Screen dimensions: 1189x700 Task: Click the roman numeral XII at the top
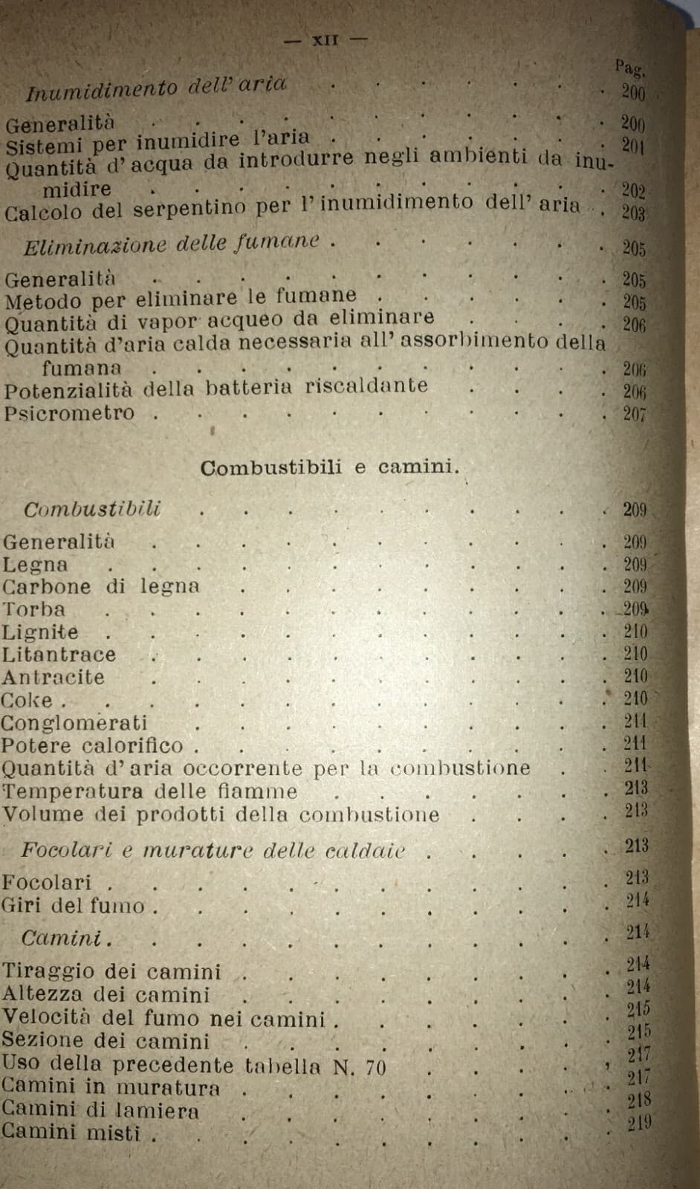coord(325,40)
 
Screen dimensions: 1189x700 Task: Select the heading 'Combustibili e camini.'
coord(330,467)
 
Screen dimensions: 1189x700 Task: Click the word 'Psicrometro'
coord(69,413)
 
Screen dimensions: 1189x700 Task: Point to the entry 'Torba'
coord(33,609)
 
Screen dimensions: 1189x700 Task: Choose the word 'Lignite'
coord(39,632)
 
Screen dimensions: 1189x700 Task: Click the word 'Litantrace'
coord(59,655)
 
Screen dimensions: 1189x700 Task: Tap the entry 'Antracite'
coord(53,678)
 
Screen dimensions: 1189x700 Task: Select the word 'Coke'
coord(27,701)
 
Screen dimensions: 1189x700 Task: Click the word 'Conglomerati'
coord(74,723)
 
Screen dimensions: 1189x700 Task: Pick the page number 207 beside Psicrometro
coord(634,414)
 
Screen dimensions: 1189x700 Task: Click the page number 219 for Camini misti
coord(639,1123)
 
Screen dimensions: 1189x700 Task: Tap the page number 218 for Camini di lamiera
coord(638,1100)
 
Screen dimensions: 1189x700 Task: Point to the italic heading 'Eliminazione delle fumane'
coord(172,243)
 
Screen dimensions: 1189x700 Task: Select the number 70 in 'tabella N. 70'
coord(375,1068)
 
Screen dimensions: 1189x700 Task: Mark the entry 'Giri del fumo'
coord(73,906)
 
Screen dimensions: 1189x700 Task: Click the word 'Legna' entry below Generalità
coord(34,565)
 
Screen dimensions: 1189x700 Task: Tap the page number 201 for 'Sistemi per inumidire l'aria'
coord(632,146)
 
